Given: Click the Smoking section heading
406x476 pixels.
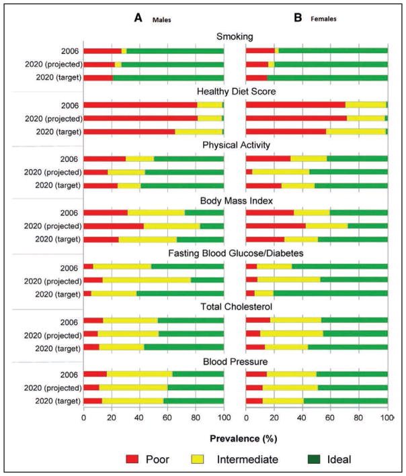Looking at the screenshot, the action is (235, 36).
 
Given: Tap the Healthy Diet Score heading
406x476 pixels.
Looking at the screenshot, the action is (237, 91).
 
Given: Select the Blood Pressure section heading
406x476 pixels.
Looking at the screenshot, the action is (235, 362).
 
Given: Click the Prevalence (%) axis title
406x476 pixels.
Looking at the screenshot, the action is (243, 438).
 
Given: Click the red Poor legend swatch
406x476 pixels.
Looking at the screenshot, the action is (132, 459).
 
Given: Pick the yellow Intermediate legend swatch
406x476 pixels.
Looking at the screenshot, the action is (198, 459).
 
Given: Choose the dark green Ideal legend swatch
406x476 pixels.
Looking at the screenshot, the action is (314, 459).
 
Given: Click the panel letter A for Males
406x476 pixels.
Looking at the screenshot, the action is (138, 18).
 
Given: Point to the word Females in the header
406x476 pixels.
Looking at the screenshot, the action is (323, 19).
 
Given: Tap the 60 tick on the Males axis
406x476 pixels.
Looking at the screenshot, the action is (167, 418).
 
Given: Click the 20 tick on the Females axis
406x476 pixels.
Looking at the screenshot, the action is (274, 418).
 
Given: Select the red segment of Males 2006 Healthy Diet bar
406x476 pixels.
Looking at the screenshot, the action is (140, 105).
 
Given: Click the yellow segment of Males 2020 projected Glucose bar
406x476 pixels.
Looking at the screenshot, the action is (147, 280).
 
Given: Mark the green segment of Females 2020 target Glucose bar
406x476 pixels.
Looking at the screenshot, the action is (330, 293).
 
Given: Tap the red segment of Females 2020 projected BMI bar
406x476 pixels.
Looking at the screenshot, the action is (276, 226).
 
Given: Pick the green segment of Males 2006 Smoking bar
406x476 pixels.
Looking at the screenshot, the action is (175, 51).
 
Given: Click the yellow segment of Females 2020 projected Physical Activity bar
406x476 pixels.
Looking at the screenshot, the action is (281, 172).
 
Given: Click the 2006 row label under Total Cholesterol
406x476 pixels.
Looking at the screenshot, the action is (69, 322).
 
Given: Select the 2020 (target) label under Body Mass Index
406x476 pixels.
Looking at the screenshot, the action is (58, 239).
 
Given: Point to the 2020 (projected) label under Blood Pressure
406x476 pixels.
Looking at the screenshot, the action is (53, 388).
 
